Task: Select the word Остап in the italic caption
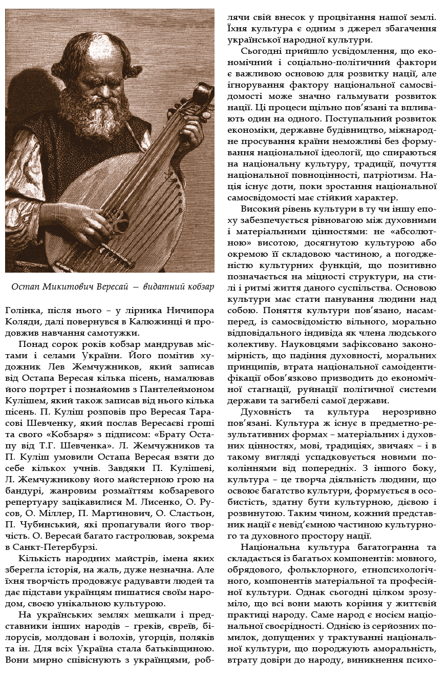[x=26, y=287]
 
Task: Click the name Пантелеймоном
[x=182, y=377]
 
